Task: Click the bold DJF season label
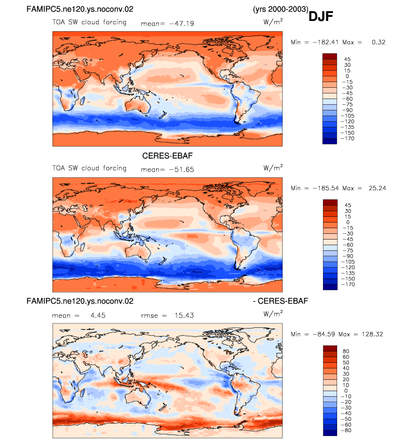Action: [x=321, y=16]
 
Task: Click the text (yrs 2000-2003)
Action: [x=280, y=9]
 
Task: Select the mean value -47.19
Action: [x=182, y=24]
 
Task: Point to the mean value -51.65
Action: [x=182, y=170]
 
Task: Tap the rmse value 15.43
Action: [x=184, y=315]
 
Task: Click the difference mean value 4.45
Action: [x=98, y=315]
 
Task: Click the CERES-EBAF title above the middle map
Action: [x=167, y=156]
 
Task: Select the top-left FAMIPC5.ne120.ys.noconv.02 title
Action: [x=79, y=9]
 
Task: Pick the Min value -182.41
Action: [x=326, y=42]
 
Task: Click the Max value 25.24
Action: [x=377, y=188]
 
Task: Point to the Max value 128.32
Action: [x=372, y=334]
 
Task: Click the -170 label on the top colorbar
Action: [x=347, y=138]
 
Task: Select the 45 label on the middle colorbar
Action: [x=347, y=205]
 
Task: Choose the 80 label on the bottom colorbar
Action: [x=346, y=351]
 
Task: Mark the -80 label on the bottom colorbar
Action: [x=346, y=430]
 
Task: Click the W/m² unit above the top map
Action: [x=273, y=22]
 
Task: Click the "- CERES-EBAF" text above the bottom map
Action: [x=280, y=301]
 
